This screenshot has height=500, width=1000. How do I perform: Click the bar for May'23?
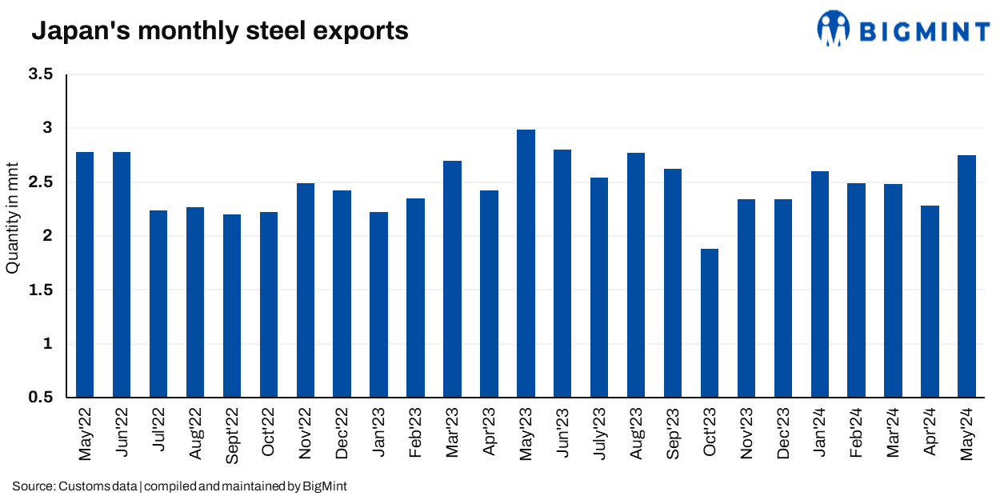pos(526,263)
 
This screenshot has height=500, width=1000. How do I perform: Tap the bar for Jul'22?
pos(158,303)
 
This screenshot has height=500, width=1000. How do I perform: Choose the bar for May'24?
pos(966,276)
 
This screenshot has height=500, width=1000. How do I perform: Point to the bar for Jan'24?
pos(819,284)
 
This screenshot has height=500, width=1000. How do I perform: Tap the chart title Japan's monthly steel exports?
pos(219,31)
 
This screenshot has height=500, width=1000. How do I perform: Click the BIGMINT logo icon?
pos(833,29)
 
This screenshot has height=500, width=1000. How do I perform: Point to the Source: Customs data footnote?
pos(179,486)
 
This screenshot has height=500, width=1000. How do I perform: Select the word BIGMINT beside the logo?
pos(924,31)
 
